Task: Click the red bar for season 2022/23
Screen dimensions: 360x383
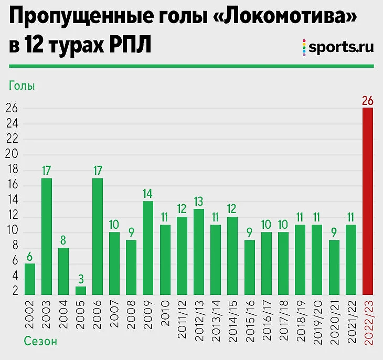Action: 368,202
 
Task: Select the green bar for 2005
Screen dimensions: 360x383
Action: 80,291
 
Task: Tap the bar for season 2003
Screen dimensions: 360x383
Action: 47,237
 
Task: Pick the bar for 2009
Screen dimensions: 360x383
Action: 148,248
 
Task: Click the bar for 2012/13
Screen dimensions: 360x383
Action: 199,252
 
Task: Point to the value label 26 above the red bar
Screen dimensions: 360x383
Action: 368,100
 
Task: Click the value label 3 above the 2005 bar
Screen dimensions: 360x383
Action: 80,278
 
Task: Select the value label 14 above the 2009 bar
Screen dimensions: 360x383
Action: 148,193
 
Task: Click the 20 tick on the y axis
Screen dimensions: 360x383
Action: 12,155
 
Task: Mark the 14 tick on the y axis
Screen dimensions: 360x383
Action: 12,201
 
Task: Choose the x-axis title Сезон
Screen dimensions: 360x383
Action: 40,342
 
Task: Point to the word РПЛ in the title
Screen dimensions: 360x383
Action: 125,46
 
